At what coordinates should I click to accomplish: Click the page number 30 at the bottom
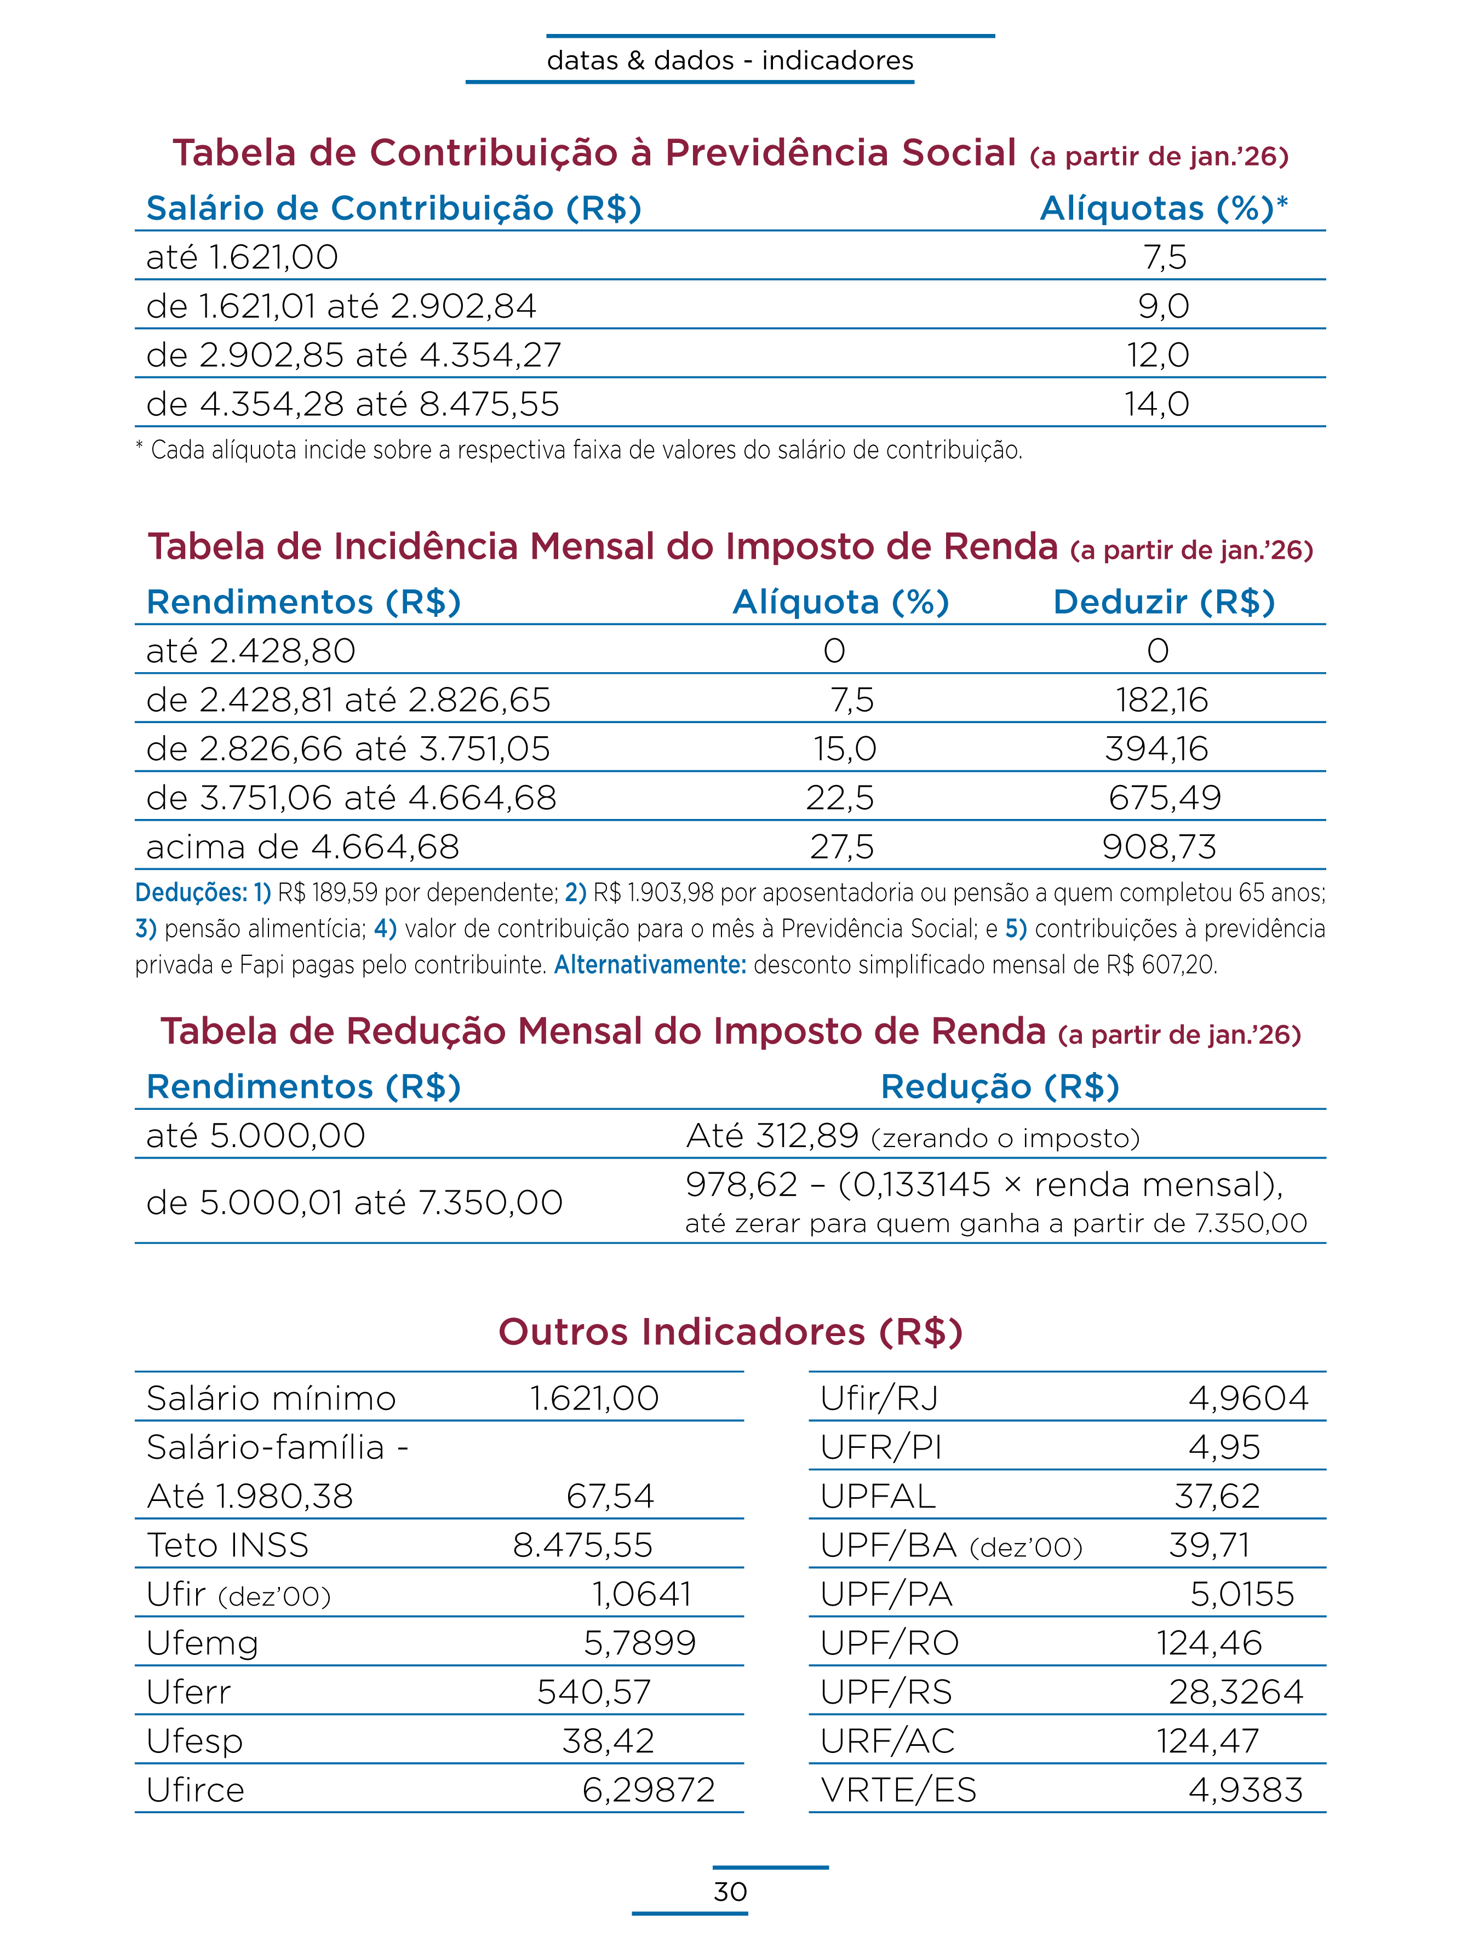730,1891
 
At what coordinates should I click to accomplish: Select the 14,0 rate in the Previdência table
1156,404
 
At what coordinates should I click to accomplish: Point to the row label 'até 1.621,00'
242,257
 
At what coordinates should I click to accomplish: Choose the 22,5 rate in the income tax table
840,798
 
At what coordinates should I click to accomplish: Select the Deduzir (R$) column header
1164,603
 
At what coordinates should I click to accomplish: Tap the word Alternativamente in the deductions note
650,965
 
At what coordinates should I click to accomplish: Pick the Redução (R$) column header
1000,1087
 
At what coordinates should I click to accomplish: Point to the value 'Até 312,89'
771,1136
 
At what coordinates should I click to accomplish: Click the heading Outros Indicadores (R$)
730,1332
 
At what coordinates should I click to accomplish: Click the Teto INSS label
228,1545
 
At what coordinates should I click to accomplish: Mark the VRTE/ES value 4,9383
1245,1790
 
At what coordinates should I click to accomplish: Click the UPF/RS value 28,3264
1235,1692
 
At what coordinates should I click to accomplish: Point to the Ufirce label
196,1790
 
